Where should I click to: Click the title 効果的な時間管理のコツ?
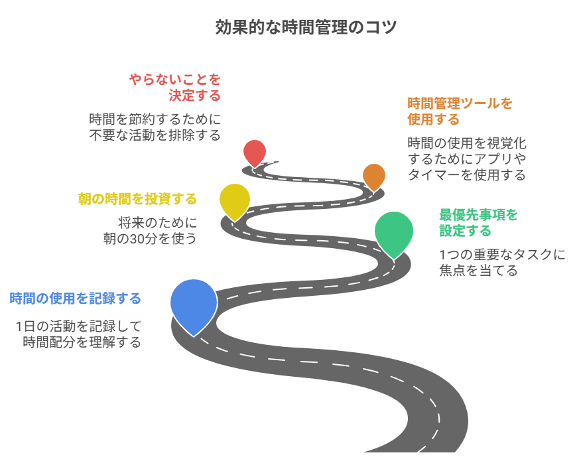pyautogui.click(x=306, y=28)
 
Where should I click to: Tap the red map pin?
pyautogui.click(x=254, y=151)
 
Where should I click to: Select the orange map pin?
pyautogui.click(x=374, y=175)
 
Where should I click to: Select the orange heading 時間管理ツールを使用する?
pyautogui.click(x=460, y=111)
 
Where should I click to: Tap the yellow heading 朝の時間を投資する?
pyautogui.click(x=138, y=199)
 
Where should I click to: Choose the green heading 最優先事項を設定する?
pyautogui.click(x=478, y=222)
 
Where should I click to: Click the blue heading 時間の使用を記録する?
pyautogui.click(x=76, y=299)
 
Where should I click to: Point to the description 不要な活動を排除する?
pyautogui.click(x=155, y=135)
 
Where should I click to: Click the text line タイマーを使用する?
pyautogui.click(x=466, y=175)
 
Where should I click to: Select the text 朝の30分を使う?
pyautogui.click(x=150, y=238)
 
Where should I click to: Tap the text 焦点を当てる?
pyautogui.click(x=478, y=271)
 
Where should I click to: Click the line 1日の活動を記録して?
pyautogui.click(x=78, y=326)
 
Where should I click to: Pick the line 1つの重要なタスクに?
pyautogui.click(x=502, y=255)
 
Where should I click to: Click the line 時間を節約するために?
pyautogui.click(x=155, y=119)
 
